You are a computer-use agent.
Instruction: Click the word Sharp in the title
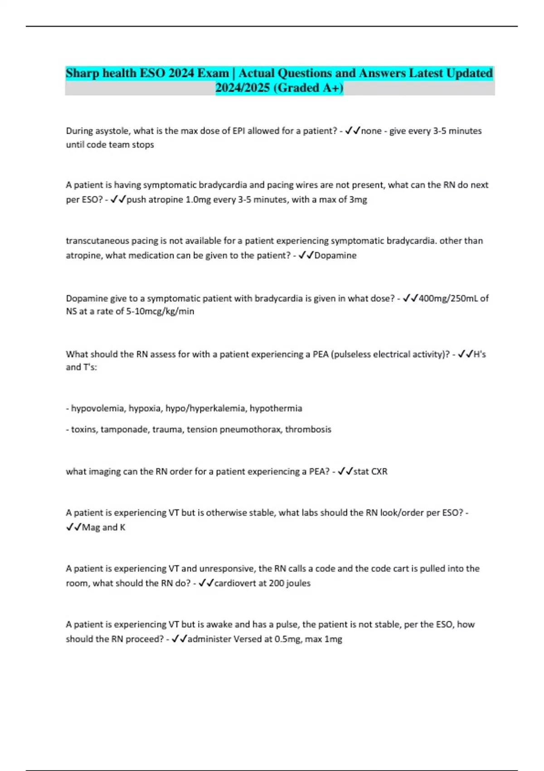pyautogui.click(x=82, y=73)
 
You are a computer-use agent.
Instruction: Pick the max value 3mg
pyautogui.click(x=358, y=200)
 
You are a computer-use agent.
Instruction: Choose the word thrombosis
pyautogui.click(x=308, y=429)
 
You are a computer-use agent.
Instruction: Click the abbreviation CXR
pyautogui.click(x=379, y=472)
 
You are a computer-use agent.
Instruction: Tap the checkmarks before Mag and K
pyautogui.click(x=73, y=527)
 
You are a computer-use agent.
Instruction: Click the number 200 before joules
pyautogui.click(x=276, y=583)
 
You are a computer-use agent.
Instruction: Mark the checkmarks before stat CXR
pyautogui.click(x=345, y=472)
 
